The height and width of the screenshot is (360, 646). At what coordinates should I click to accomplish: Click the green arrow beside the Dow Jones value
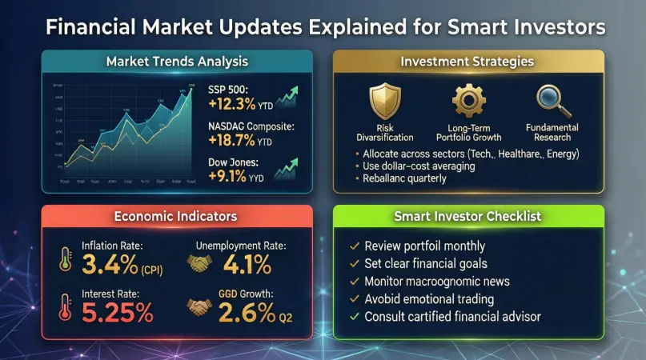click(287, 168)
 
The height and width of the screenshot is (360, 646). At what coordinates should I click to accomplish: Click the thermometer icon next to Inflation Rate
click(64, 259)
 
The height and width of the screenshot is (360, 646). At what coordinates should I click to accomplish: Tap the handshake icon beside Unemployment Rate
click(199, 262)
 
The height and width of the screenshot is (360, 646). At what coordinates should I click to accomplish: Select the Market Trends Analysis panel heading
click(177, 61)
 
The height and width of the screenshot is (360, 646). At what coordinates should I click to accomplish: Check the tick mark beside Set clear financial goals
click(355, 263)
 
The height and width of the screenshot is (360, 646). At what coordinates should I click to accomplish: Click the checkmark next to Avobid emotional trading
click(355, 299)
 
